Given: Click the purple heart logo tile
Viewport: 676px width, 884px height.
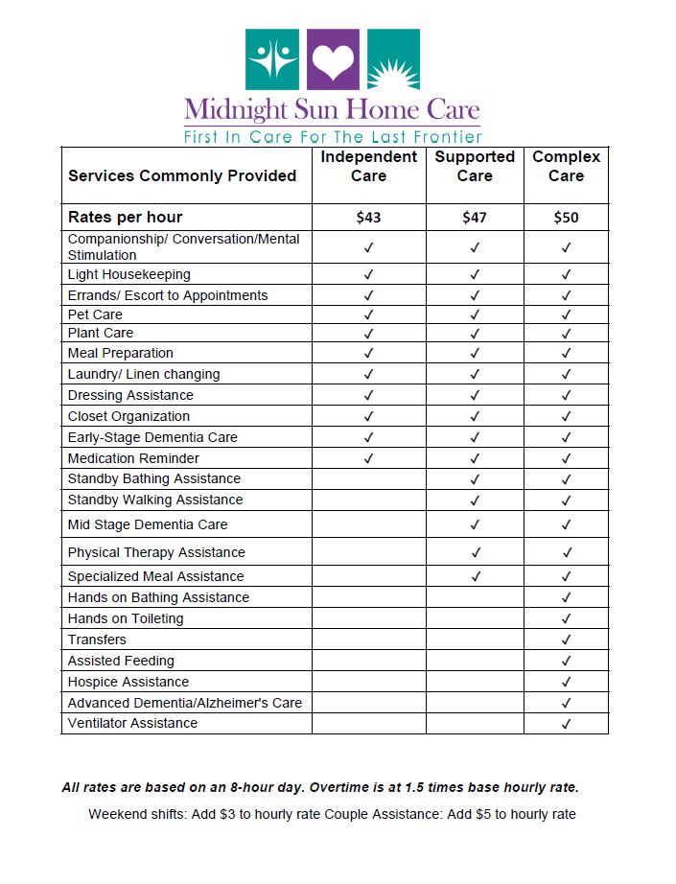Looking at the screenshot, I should pos(334,58).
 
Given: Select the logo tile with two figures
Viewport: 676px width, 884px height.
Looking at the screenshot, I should pos(273,58).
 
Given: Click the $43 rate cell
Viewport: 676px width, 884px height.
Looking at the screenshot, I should pos(368,218).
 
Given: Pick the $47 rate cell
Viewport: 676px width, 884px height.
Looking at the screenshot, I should pos(475,218).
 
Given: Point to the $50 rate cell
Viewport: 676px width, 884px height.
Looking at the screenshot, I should pos(566,218).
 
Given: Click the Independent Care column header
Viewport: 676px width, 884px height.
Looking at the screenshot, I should pos(368,166).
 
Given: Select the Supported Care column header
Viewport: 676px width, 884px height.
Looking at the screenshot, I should pos(475,166).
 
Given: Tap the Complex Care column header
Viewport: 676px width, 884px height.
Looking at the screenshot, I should pos(566,166).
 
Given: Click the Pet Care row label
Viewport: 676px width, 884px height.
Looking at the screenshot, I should pos(95,314).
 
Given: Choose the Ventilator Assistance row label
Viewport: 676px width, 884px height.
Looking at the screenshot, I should pos(132,723).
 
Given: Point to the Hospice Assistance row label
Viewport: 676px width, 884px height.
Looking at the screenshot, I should pos(128,682).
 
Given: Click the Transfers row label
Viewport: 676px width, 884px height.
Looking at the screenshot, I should pos(97,640).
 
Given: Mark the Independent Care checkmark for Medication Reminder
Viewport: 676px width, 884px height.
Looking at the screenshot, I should pos(368,458).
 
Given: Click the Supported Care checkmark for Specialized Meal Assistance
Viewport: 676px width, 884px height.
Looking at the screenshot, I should pos(475,576).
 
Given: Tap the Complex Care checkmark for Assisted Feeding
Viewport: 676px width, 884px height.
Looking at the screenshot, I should pos(566,661).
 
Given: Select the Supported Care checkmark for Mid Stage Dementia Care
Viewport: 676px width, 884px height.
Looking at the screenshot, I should pos(475,524).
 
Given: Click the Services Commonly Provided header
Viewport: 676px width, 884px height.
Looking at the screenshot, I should pos(182,175).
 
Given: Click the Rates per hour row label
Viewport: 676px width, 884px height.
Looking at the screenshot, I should pos(125,217).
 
